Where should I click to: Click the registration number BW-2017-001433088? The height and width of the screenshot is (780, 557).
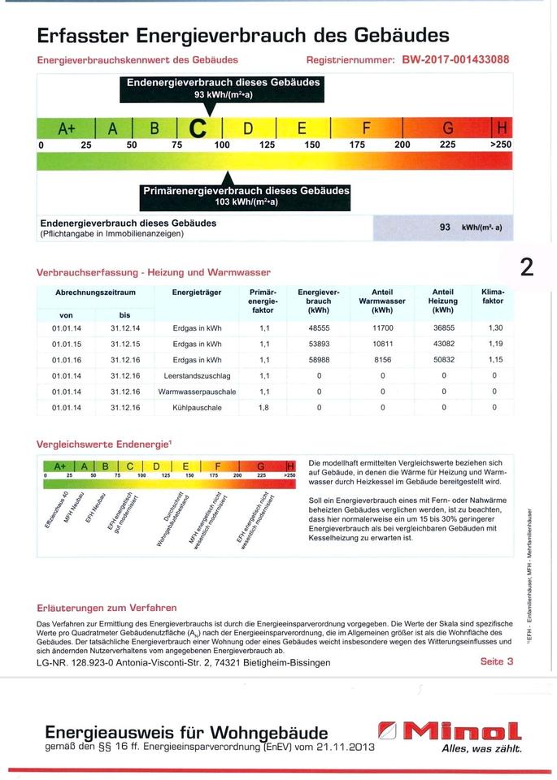coord(455,59)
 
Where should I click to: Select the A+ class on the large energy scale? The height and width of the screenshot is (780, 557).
coord(66,128)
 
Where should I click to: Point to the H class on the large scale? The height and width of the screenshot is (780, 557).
coord(502,128)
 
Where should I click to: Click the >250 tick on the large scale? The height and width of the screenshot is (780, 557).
coord(501,145)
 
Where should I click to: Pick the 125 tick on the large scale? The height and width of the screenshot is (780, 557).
coord(267,145)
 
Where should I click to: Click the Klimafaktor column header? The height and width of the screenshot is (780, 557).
coord(493,297)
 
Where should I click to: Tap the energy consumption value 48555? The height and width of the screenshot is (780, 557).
coord(319,328)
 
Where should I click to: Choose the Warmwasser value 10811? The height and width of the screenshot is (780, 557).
coord(381,344)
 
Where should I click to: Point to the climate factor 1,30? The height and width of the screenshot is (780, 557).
coord(494,328)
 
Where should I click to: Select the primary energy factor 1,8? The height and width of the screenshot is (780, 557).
coord(263,407)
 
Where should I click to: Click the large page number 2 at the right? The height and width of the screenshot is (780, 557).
coord(526,266)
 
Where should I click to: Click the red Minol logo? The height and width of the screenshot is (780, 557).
coord(450,730)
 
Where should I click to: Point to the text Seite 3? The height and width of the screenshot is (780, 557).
coord(497,661)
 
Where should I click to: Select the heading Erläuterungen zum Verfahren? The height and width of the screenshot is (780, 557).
coord(107,608)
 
